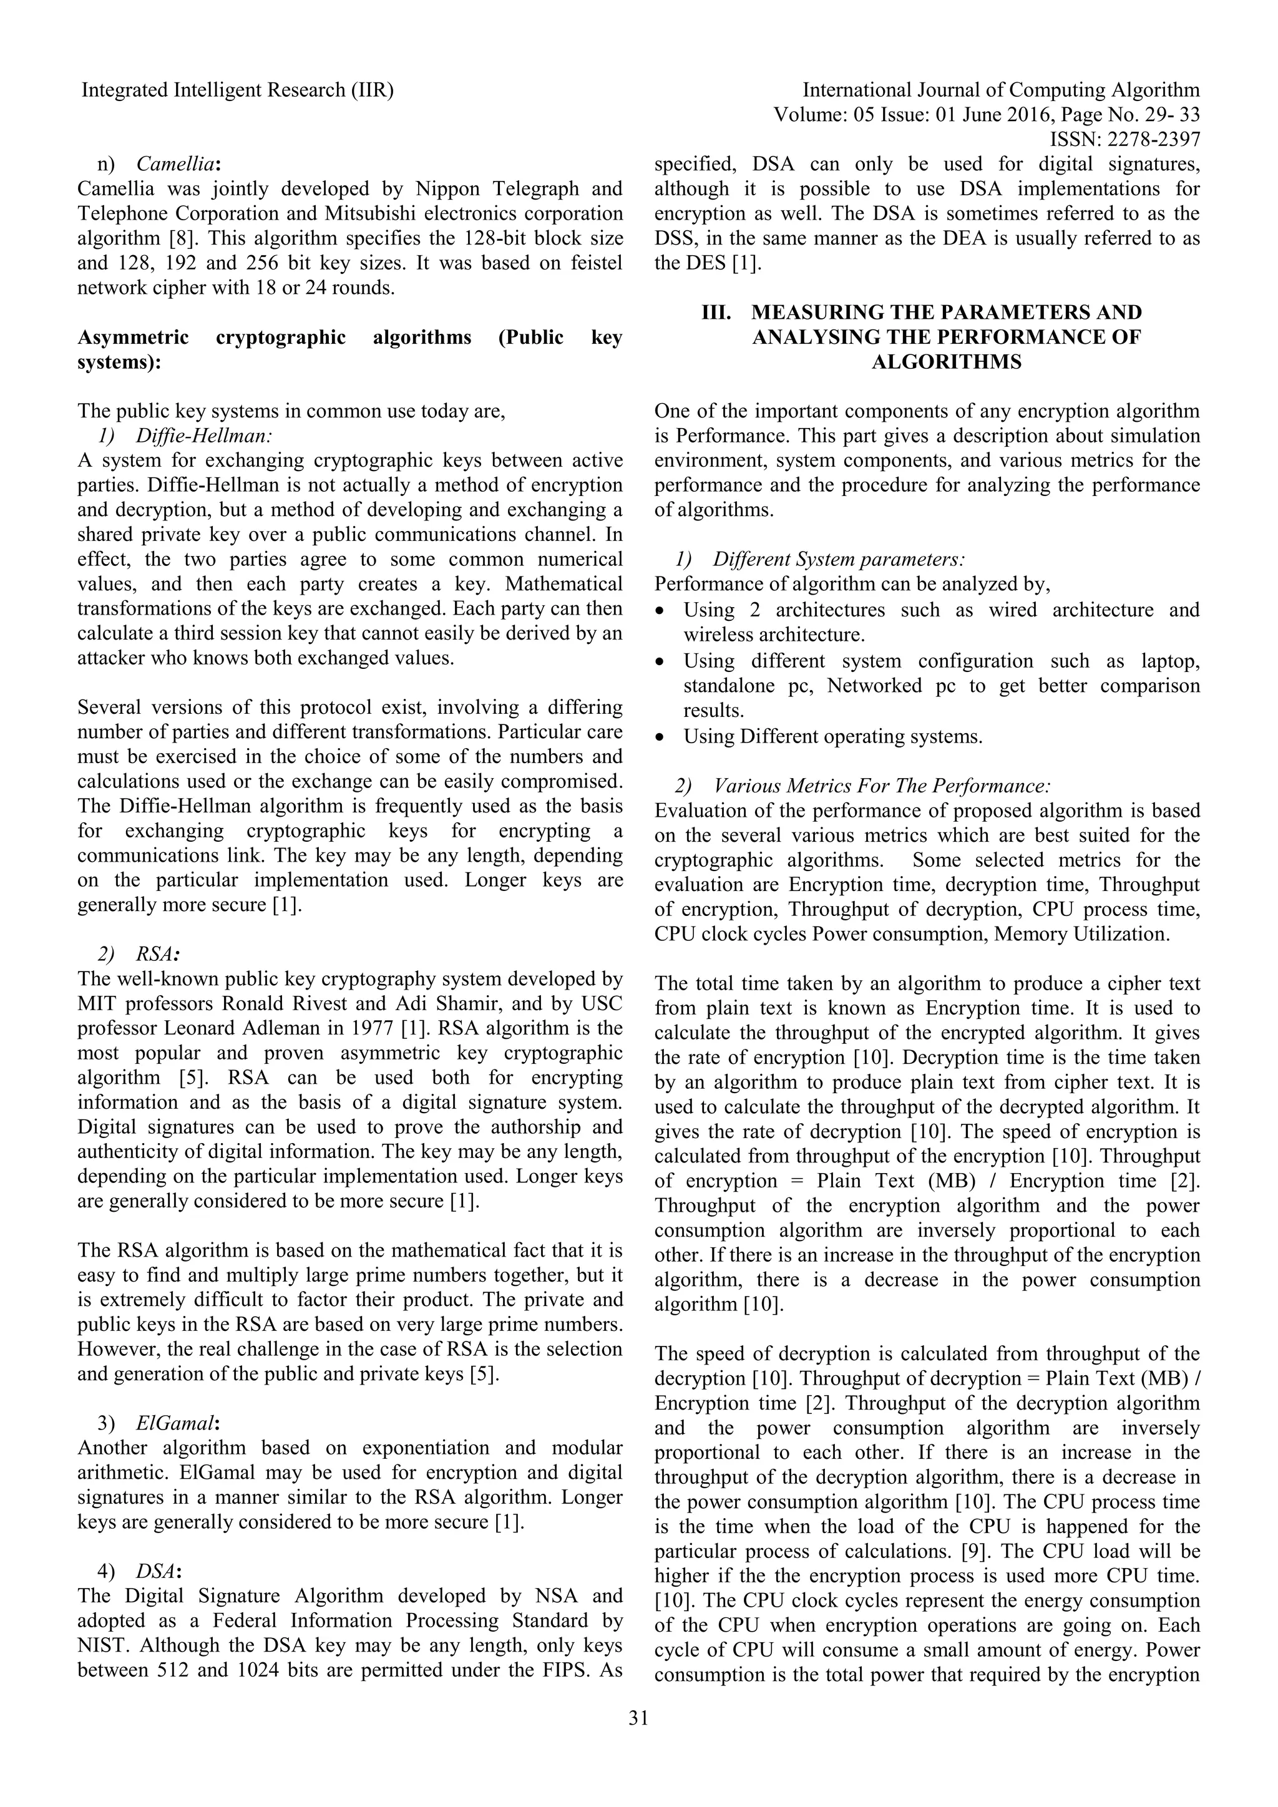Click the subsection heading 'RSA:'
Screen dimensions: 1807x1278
pyautogui.click(x=158, y=954)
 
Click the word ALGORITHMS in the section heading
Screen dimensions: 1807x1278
pyautogui.click(x=947, y=362)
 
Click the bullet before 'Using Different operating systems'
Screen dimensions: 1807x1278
pyautogui.click(x=661, y=738)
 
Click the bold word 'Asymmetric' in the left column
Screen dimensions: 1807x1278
pyautogui.click(x=133, y=338)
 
